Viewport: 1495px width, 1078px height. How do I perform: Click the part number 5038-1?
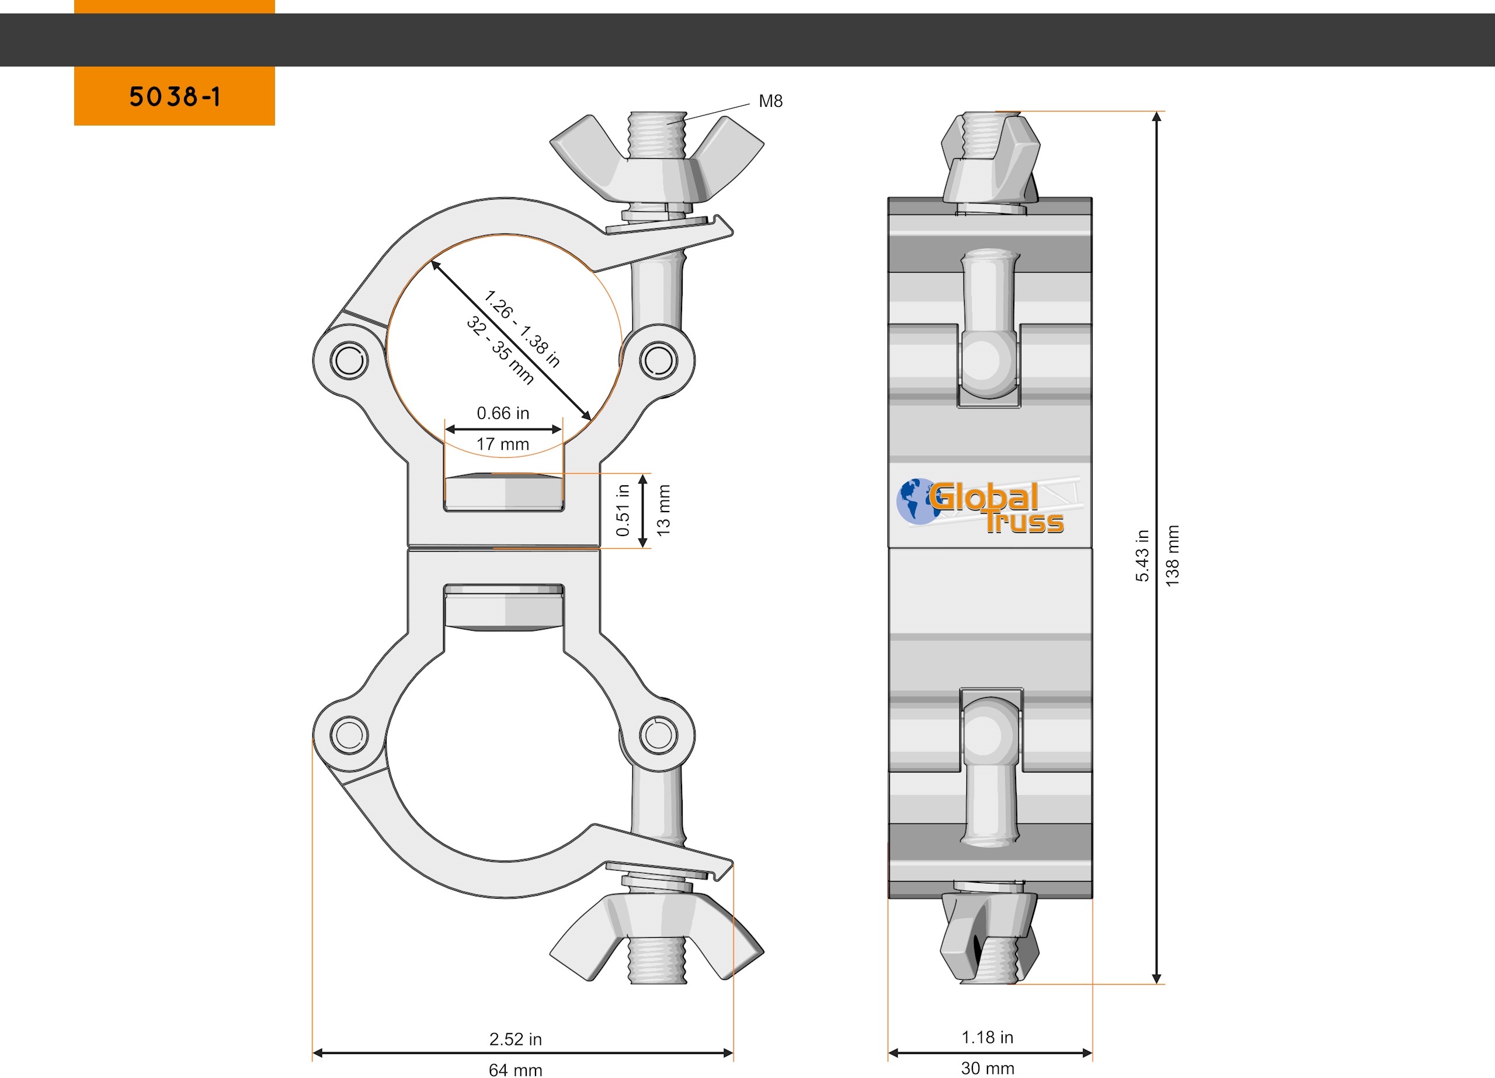point(175,97)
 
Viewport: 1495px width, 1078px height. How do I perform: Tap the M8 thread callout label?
point(771,101)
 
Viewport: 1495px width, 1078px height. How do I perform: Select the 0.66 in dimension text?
point(503,413)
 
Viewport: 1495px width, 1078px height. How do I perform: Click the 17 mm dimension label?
point(503,444)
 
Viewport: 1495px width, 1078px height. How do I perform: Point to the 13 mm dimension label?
point(664,510)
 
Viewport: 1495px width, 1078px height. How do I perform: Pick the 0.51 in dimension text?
point(623,510)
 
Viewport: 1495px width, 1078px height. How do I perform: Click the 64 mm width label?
point(516,1070)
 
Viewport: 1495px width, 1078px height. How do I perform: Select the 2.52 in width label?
point(516,1039)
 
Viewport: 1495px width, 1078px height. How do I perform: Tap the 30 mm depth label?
point(988,1068)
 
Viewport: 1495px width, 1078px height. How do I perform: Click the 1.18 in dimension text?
point(988,1037)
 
